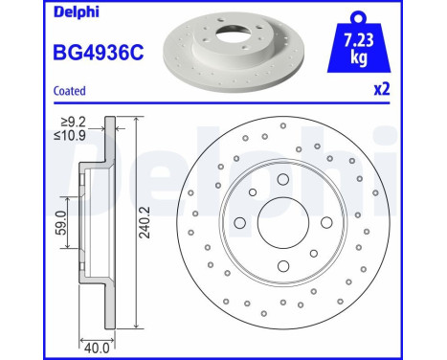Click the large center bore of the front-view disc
[281, 225]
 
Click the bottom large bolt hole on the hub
[281, 268]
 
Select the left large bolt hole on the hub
[238, 225]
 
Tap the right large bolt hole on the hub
[325, 225]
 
